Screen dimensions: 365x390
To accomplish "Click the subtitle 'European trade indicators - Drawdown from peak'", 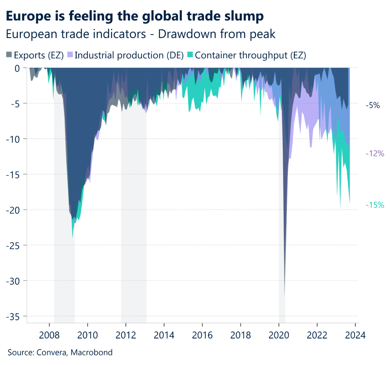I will (x=141, y=34).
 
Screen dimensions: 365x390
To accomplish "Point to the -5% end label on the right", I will (x=372, y=106).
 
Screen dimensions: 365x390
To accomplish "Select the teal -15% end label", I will (x=375, y=205).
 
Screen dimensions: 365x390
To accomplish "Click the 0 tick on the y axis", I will (x=17, y=68).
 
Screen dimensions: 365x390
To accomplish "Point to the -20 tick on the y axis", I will (x=14, y=210).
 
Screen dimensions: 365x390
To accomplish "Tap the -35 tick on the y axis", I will (x=14, y=316).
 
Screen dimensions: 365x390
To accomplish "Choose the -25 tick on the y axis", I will (x=14, y=245).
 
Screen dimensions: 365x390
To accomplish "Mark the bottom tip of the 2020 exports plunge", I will (x=285, y=294).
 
